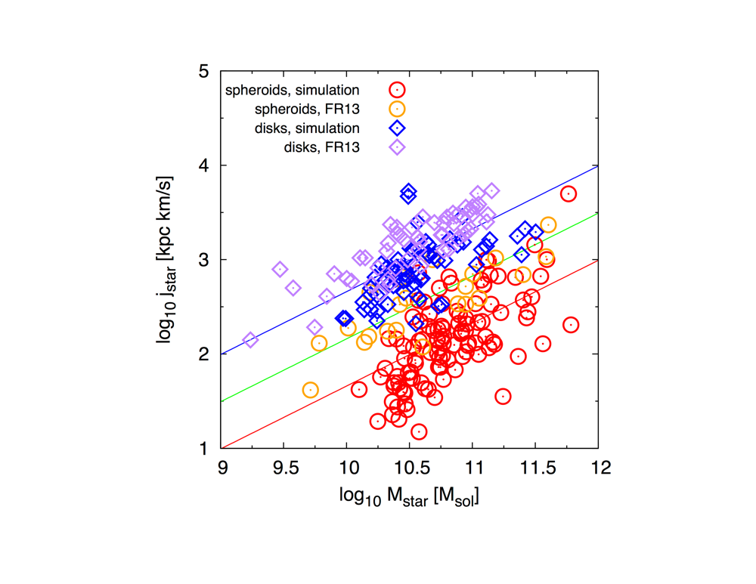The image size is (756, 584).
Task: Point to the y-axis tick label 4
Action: [205, 165]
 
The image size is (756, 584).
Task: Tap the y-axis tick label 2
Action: [205, 354]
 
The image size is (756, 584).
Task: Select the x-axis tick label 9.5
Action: [284, 467]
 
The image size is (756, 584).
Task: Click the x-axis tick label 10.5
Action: [410, 467]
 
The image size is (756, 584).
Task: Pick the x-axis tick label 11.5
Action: [535, 467]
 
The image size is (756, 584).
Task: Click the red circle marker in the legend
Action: [397, 90]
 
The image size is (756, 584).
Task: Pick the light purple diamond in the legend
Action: [397, 147]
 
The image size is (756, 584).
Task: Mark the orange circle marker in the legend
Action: [397, 109]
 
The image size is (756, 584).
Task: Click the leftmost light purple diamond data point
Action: [251, 341]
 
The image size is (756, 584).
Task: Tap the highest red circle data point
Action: [569, 194]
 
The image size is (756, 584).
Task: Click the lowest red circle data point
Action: [419, 431]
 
